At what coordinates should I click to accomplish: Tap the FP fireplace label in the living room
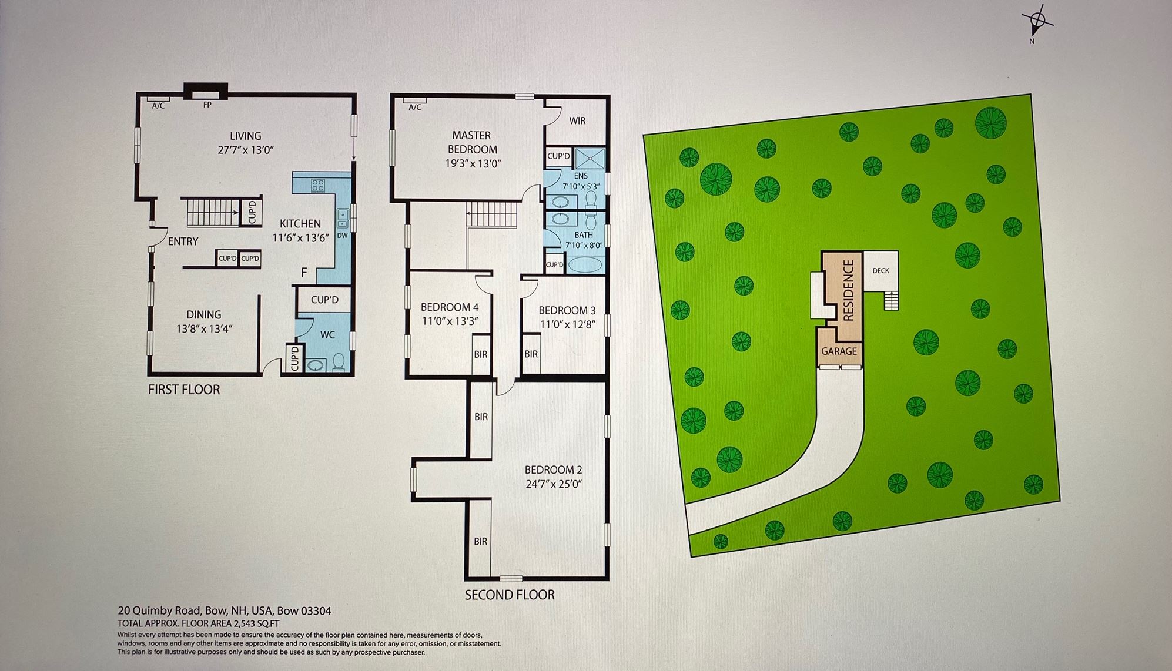(207, 105)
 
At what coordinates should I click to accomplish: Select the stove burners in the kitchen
(318, 186)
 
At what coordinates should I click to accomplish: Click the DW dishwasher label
(343, 236)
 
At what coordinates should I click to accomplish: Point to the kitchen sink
(343, 218)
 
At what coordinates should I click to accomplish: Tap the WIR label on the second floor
(577, 121)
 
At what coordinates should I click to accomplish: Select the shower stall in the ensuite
(588, 157)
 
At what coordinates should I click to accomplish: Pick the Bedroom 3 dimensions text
(567, 323)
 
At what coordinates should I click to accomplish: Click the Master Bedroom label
(473, 142)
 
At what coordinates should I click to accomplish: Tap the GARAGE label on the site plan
(839, 351)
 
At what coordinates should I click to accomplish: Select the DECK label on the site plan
(880, 271)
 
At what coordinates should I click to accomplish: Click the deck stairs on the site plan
(891, 300)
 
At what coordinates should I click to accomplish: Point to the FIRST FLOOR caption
(184, 390)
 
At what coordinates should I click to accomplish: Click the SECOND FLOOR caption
(510, 595)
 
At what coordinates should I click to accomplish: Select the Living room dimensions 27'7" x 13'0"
(246, 150)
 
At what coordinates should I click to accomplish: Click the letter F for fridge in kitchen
(304, 273)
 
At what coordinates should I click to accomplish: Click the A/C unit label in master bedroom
(415, 107)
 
